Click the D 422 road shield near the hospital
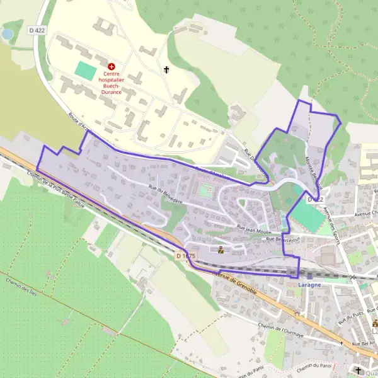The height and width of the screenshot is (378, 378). (37, 30)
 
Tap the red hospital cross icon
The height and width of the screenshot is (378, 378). (112, 66)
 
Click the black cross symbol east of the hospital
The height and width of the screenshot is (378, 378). (167, 70)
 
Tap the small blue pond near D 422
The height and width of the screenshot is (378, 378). (8, 33)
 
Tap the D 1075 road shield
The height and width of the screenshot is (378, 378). (186, 256)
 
